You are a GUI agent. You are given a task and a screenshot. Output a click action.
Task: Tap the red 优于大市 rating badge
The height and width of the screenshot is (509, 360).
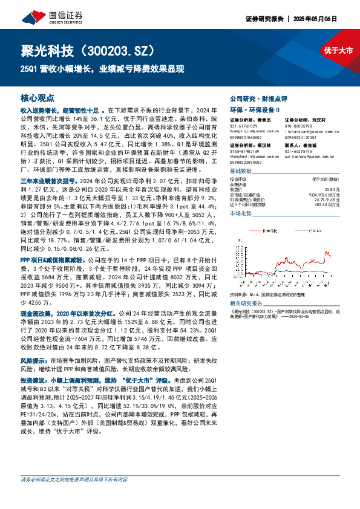point(338,51)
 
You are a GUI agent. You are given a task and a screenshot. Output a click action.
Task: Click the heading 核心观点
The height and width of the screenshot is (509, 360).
point(38,97)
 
